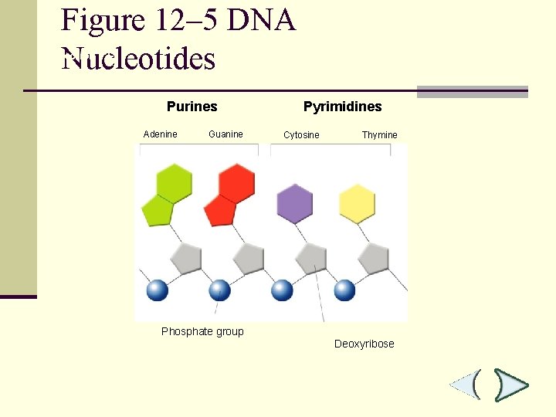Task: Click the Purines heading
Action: [192, 107]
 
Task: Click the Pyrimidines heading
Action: [342, 107]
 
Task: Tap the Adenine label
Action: [160, 134]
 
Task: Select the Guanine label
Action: [225, 134]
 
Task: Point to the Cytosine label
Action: [301, 135]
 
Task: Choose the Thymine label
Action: [379, 135]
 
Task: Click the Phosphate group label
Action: [202, 332]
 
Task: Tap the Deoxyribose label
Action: [364, 344]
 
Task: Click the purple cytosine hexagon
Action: [294, 203]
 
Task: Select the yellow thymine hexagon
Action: [357, 203]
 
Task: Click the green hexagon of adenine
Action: [174, 182]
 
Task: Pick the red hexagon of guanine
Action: [236, 182]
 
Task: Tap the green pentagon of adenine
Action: [157, 209]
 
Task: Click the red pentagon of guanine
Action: [219, 209]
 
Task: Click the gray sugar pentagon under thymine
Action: [374, 257]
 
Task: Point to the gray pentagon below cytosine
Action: [311, 257]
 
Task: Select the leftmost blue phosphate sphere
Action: [158, 290]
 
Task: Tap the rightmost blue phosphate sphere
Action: [344, 290]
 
